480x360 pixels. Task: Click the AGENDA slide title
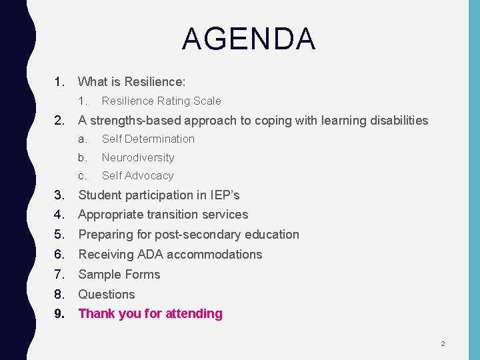(x=248, y=39)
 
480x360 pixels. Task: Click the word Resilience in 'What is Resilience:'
(x=155, y=82)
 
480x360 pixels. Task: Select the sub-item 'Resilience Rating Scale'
(x=161, y=101)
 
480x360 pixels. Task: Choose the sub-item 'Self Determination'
(x=148, y=139)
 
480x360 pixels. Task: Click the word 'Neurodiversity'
(x=138, y=158)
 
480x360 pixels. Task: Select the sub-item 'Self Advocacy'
(x=137, y=176)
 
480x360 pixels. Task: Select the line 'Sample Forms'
(x=119, y=275)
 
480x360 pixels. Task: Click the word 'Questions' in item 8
(x=107, y=295)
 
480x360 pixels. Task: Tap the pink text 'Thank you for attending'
(x=151, y=314)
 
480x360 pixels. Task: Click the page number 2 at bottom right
(x=442, y=344)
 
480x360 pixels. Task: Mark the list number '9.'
(x=60, y=314)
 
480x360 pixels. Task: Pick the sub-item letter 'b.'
(x=83, y=158)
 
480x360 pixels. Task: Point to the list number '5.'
(x=60, y=235)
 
